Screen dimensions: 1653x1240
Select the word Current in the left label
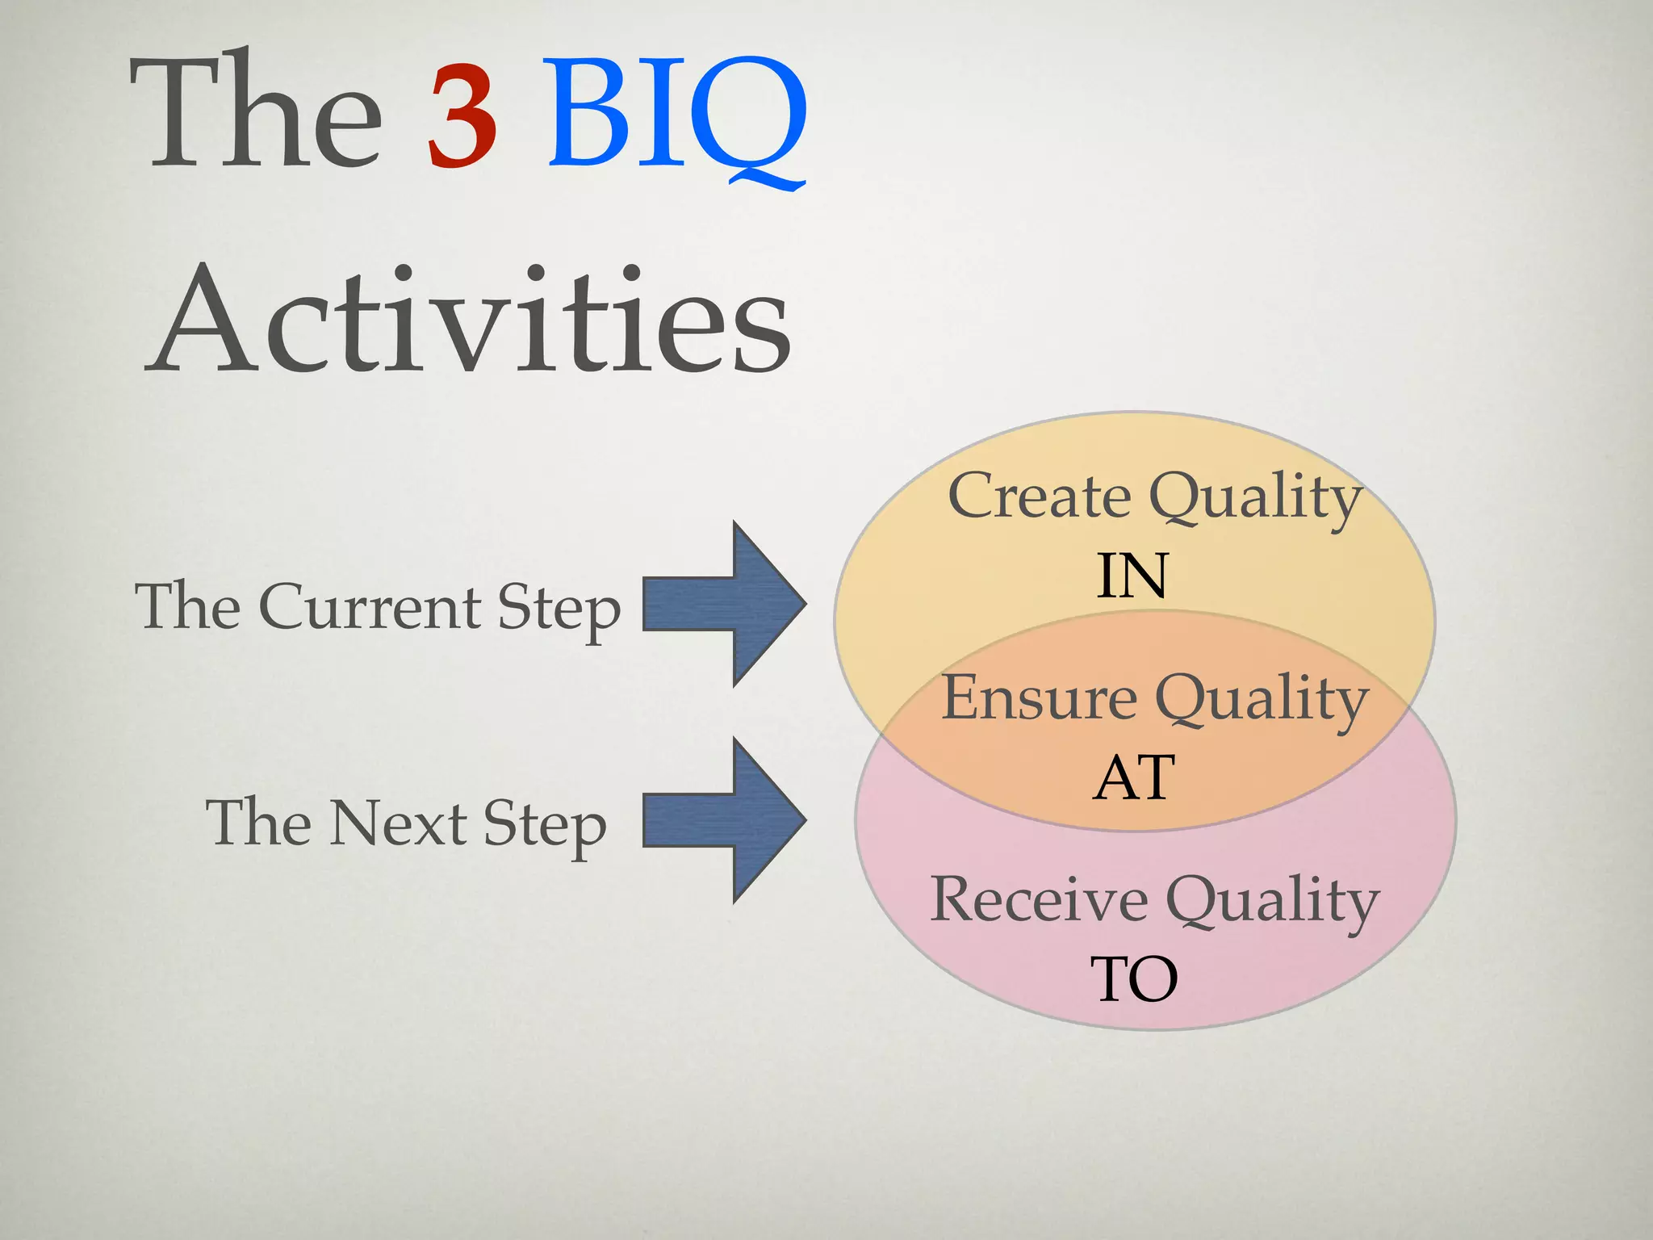coord(370,607)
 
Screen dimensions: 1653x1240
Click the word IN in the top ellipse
coord(1132,576)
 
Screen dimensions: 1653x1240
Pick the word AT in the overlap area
coord(1133,778)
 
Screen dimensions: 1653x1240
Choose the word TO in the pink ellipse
coord(1134,979)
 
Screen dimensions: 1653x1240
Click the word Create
coord(1040,496)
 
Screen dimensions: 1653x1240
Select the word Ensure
coord(1040,697)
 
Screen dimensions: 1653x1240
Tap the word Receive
coord(1039,899)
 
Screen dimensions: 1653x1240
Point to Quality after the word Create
coord(1256,499)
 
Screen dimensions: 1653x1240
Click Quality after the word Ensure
coord(1262,701)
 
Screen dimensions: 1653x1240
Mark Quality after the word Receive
coord(1273,903)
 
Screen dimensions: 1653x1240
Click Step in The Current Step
coord(559,610)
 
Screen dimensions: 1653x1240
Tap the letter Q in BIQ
coord(747,117)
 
